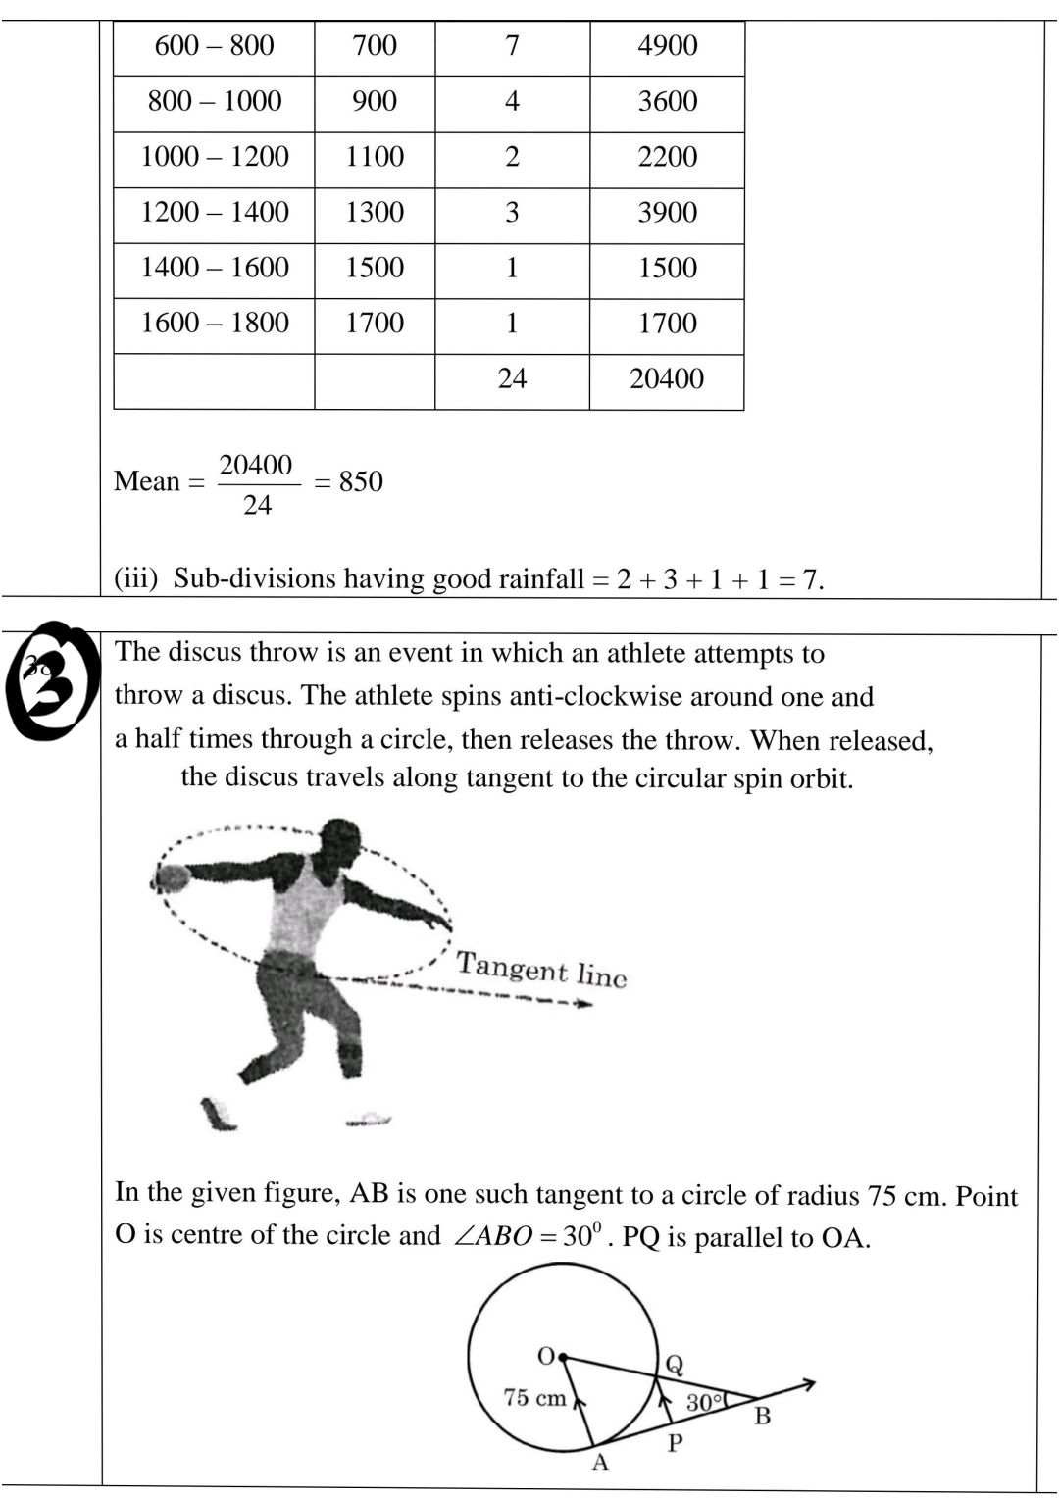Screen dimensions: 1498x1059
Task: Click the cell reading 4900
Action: point(667,46)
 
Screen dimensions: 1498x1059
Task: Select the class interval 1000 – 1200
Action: point(215,157)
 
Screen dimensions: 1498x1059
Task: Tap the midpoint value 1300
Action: point(375,213)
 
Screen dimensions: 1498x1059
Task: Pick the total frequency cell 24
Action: point(512,379)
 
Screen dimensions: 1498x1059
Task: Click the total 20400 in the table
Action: point(667,379)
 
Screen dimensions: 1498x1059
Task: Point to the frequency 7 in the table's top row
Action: point(512,46)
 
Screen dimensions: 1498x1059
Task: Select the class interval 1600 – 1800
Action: point(215,324)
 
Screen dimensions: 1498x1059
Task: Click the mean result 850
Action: point(361,482)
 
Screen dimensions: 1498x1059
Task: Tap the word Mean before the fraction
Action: point(147,482)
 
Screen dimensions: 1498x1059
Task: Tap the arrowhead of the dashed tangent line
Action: point(583,1004)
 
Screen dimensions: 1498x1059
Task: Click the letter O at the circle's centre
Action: point(546,1356)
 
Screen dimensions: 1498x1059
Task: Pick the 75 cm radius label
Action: point(534,1398)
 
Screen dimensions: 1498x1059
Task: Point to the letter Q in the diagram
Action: point(675,1364)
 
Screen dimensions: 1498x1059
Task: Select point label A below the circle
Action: point(601,1463)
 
